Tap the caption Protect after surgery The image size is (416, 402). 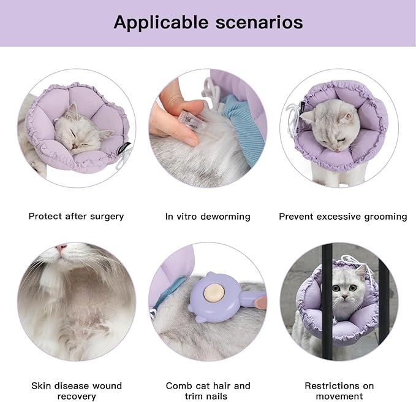76,216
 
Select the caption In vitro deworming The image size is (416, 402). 208,216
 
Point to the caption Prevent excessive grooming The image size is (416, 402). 342,216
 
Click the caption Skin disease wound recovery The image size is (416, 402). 77,391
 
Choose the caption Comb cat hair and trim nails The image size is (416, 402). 208,391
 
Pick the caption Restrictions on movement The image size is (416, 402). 339,391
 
